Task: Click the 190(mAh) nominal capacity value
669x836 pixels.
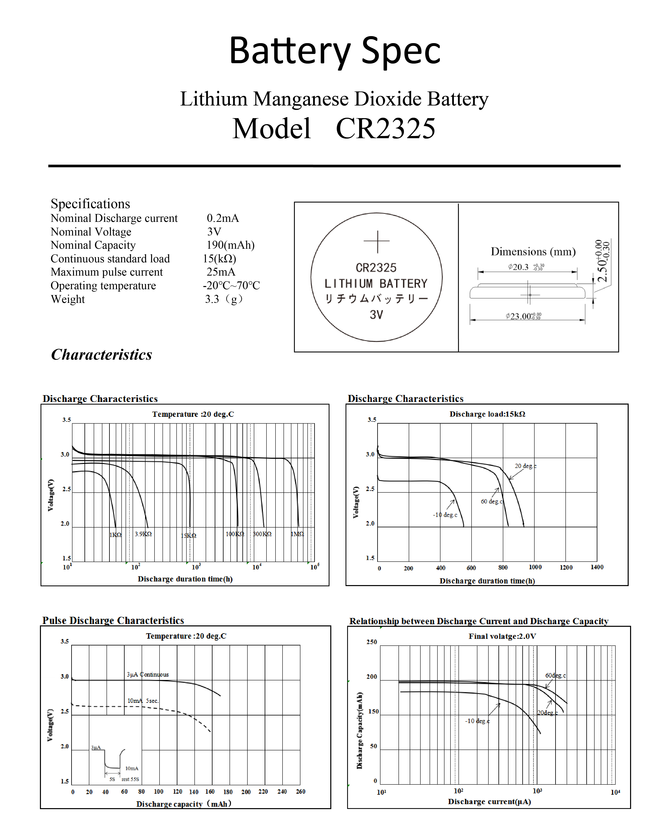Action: pyautogui.click(x=230, y=245)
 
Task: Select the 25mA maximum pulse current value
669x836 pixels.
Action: pyautogui.click(x=221, y=272)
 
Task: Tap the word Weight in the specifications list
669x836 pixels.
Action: pyautogui.click(x=68, y=299)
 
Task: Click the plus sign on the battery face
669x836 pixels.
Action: pyautogui.click(x=376, y=241)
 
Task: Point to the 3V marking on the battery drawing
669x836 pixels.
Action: pyautogui.click(x=376, y=315)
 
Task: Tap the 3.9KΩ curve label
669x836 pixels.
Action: pyautogui.click(x=143, y=534)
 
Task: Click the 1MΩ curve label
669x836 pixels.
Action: pyautogui.click(x=297, y=534)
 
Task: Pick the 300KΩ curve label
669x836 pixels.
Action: pyautogui.click(x=262, y=534)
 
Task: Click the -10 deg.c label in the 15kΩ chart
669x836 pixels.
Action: pyautogui.click(x=445, y=515)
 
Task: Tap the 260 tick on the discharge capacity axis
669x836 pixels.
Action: pyautogui.click(x=301, y=791)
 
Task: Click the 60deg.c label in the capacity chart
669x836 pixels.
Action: pyautogui.click(x=555, y=676)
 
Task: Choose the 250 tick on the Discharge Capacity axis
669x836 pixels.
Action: pyautogui.click(x=372, y=642)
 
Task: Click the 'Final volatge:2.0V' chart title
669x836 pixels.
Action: pyautogui.click(x=502, y=636)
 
